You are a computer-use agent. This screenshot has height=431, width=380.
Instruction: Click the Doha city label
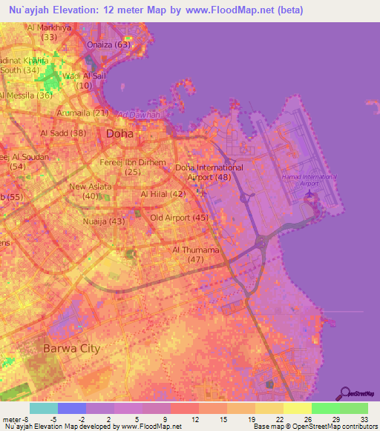tap(120, 134)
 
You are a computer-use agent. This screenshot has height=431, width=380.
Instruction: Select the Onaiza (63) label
tap(108, 44)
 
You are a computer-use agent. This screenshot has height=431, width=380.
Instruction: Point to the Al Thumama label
tap(196, 250)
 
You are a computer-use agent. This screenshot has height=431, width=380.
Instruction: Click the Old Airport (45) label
tap(179, 218)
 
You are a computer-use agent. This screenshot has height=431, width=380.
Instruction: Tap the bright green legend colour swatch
tap(325, 408)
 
